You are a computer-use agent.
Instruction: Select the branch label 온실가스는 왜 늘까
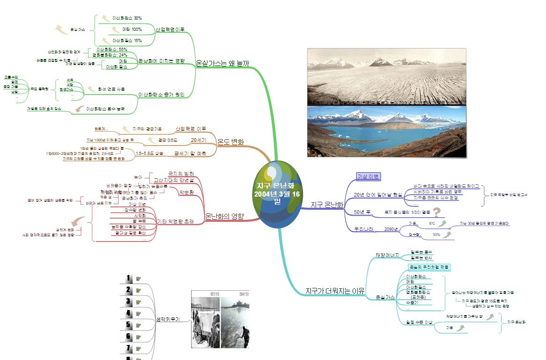click(x=222, y=63)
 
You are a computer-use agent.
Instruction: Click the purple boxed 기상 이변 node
click(x=369, y=176)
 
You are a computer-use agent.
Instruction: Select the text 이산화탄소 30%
click(x=127, y=18)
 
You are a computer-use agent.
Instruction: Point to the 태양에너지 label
click(x=387, y=255)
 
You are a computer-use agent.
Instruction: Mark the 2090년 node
click(x=391, y=229)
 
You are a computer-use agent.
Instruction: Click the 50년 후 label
click(x=362, y=212)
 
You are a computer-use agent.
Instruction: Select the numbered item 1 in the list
click(x=129, y=279)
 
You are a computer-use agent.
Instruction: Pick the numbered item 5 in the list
click(x=129, y=325)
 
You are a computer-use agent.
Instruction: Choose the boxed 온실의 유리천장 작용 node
click(x=429, y=267)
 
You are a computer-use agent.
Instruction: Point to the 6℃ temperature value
click(x=432, y=224)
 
